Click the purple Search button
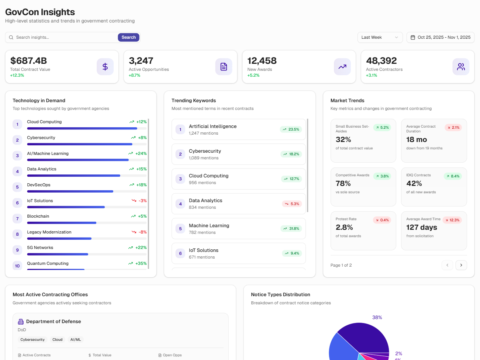(x=128, y=37)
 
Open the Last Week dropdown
(x=380, y=37)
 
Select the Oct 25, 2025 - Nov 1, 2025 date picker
(x=440, y=37)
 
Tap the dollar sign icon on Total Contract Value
(x=105, y=67)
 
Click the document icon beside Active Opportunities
(x=224, y=67)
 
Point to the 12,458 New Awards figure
(x=262, y=61)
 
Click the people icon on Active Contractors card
(x=461, y=67)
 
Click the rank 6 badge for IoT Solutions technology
(x=17, y=203)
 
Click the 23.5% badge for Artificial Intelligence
(x=291, y=129)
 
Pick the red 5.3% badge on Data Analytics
(x=291, y=204)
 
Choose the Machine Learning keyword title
(x=209, y=225)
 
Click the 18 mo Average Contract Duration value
(x=416, y=140)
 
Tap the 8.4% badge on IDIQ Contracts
(x=453, y=176)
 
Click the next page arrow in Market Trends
(x=461, y=265)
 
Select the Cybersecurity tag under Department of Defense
(x=32, y=340)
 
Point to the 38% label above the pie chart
(x=377, y=318)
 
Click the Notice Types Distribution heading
(x=280, y=295)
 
